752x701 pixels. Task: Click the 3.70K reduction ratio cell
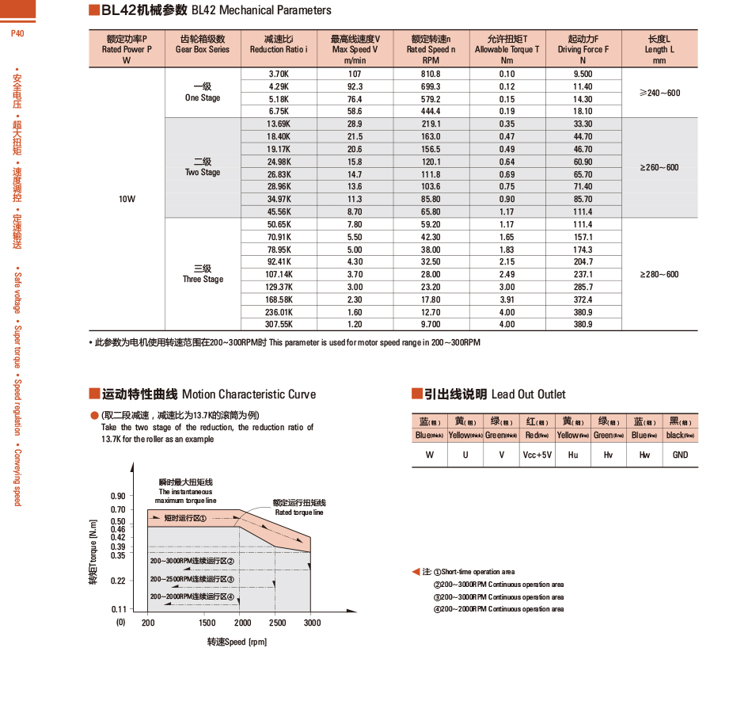tap(279, 74)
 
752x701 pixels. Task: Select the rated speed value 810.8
tap(431, 74)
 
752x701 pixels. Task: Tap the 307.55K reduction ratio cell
tap(279, 325)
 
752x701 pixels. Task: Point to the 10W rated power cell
tap(127, 200)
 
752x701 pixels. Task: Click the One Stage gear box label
tap(203, 93)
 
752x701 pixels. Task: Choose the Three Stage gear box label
tap(203, 274)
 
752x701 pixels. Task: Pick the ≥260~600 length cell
tap(659, 168)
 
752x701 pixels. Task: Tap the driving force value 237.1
tap(583, 275)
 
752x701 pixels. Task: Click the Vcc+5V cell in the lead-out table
tap(537, 455)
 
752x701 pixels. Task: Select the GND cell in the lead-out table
tap(680, 455)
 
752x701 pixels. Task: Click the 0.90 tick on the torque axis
tap(118, 496)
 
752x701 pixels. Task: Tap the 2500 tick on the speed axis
tap(278, 623)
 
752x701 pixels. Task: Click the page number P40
tap(17, 34)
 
